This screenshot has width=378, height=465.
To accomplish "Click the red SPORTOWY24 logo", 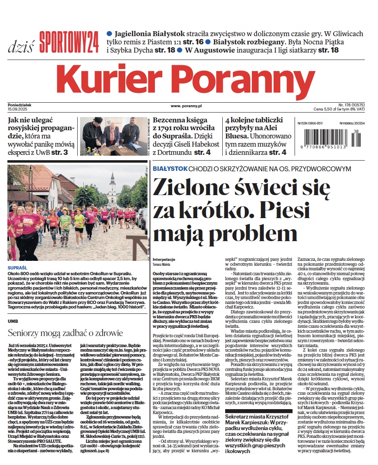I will click(x=69, y=42).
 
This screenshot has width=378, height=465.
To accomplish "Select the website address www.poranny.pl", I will click(x=186, y=106).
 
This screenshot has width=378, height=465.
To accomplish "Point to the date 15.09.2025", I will click(x=17, y=108).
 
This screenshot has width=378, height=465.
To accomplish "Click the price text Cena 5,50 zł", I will click(x=329, y=110).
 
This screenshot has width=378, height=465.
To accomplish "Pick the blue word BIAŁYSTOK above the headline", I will click(x=170, y=169).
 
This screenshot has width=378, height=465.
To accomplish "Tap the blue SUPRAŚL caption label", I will click(x=17, y=268).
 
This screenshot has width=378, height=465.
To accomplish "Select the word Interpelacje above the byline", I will click(x=164, y=260).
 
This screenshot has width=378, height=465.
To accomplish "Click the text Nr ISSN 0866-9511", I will click(x=310, y=123).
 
